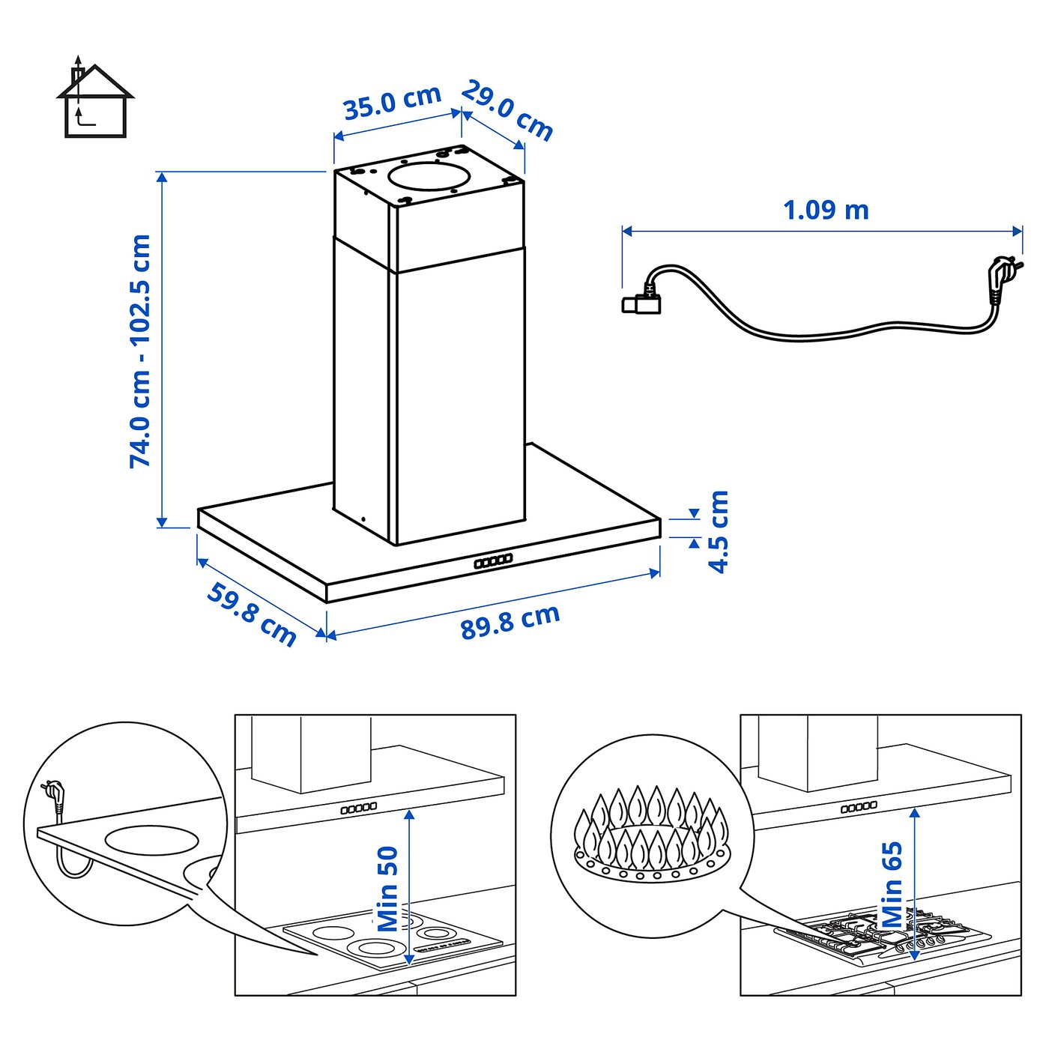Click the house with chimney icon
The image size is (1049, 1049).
(94, 101)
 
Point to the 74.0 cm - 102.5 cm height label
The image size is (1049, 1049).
(140, 351)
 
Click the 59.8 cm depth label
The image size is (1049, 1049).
(252, 614)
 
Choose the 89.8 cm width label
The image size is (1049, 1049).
(510, 621)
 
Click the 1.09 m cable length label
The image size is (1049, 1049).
(826, 210)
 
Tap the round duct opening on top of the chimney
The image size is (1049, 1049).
(429, 178)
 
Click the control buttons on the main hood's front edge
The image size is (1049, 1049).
(493, 560)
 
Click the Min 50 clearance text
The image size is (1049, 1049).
(387, 889)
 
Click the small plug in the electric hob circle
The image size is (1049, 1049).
(53, 794)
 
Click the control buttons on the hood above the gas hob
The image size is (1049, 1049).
(859, 807)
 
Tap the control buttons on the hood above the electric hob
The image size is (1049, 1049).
(359, 808)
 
